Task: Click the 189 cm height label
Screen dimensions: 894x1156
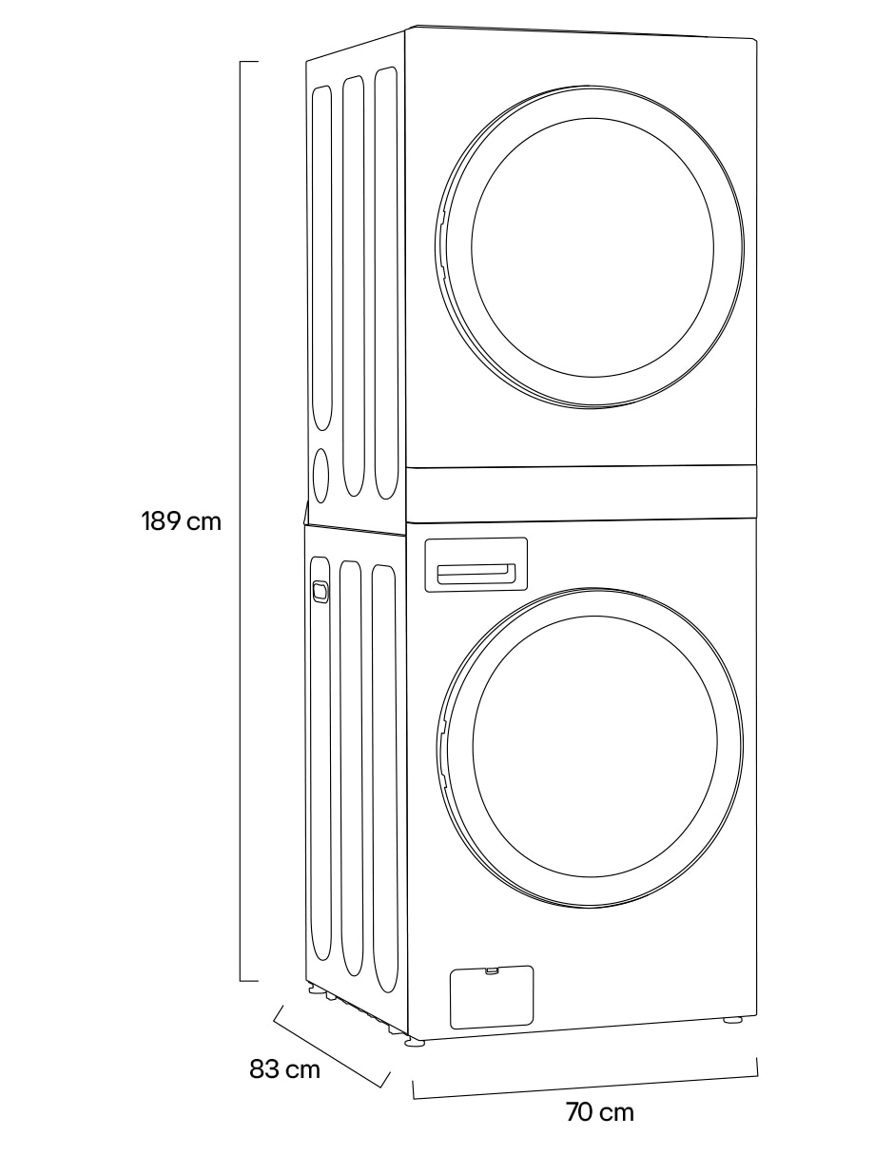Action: coord(181,520)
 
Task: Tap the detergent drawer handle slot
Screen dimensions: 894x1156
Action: coord(476,573)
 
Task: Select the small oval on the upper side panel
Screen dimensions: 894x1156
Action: coord(320,475)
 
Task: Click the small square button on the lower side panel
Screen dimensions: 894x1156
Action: coord(320,591)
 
